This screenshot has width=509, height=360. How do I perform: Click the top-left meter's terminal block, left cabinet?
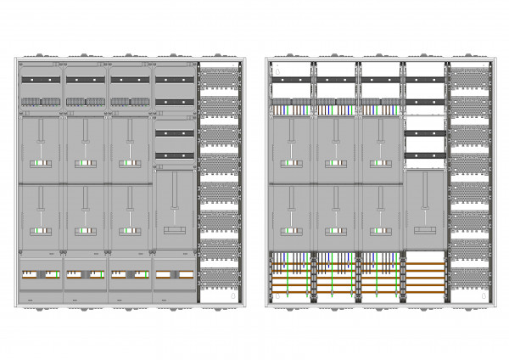click(x=40, y=163)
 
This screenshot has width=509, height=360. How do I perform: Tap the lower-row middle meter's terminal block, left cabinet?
click(x=85, y=230)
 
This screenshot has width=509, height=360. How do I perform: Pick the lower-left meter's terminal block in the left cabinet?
click(x=40, y=230)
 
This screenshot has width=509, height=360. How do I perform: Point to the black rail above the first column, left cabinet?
click(x=40, y=81)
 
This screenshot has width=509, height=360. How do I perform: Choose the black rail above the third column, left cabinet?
click(x=129, y=81)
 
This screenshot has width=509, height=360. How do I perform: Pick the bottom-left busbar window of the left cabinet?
click(x=40, y=274)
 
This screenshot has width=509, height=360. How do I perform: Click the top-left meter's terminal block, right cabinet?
click(x=291, y=163)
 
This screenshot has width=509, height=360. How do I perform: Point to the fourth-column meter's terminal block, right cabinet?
click(x=424, y=230)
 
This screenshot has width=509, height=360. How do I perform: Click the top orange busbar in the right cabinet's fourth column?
click(x=424, y=261)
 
